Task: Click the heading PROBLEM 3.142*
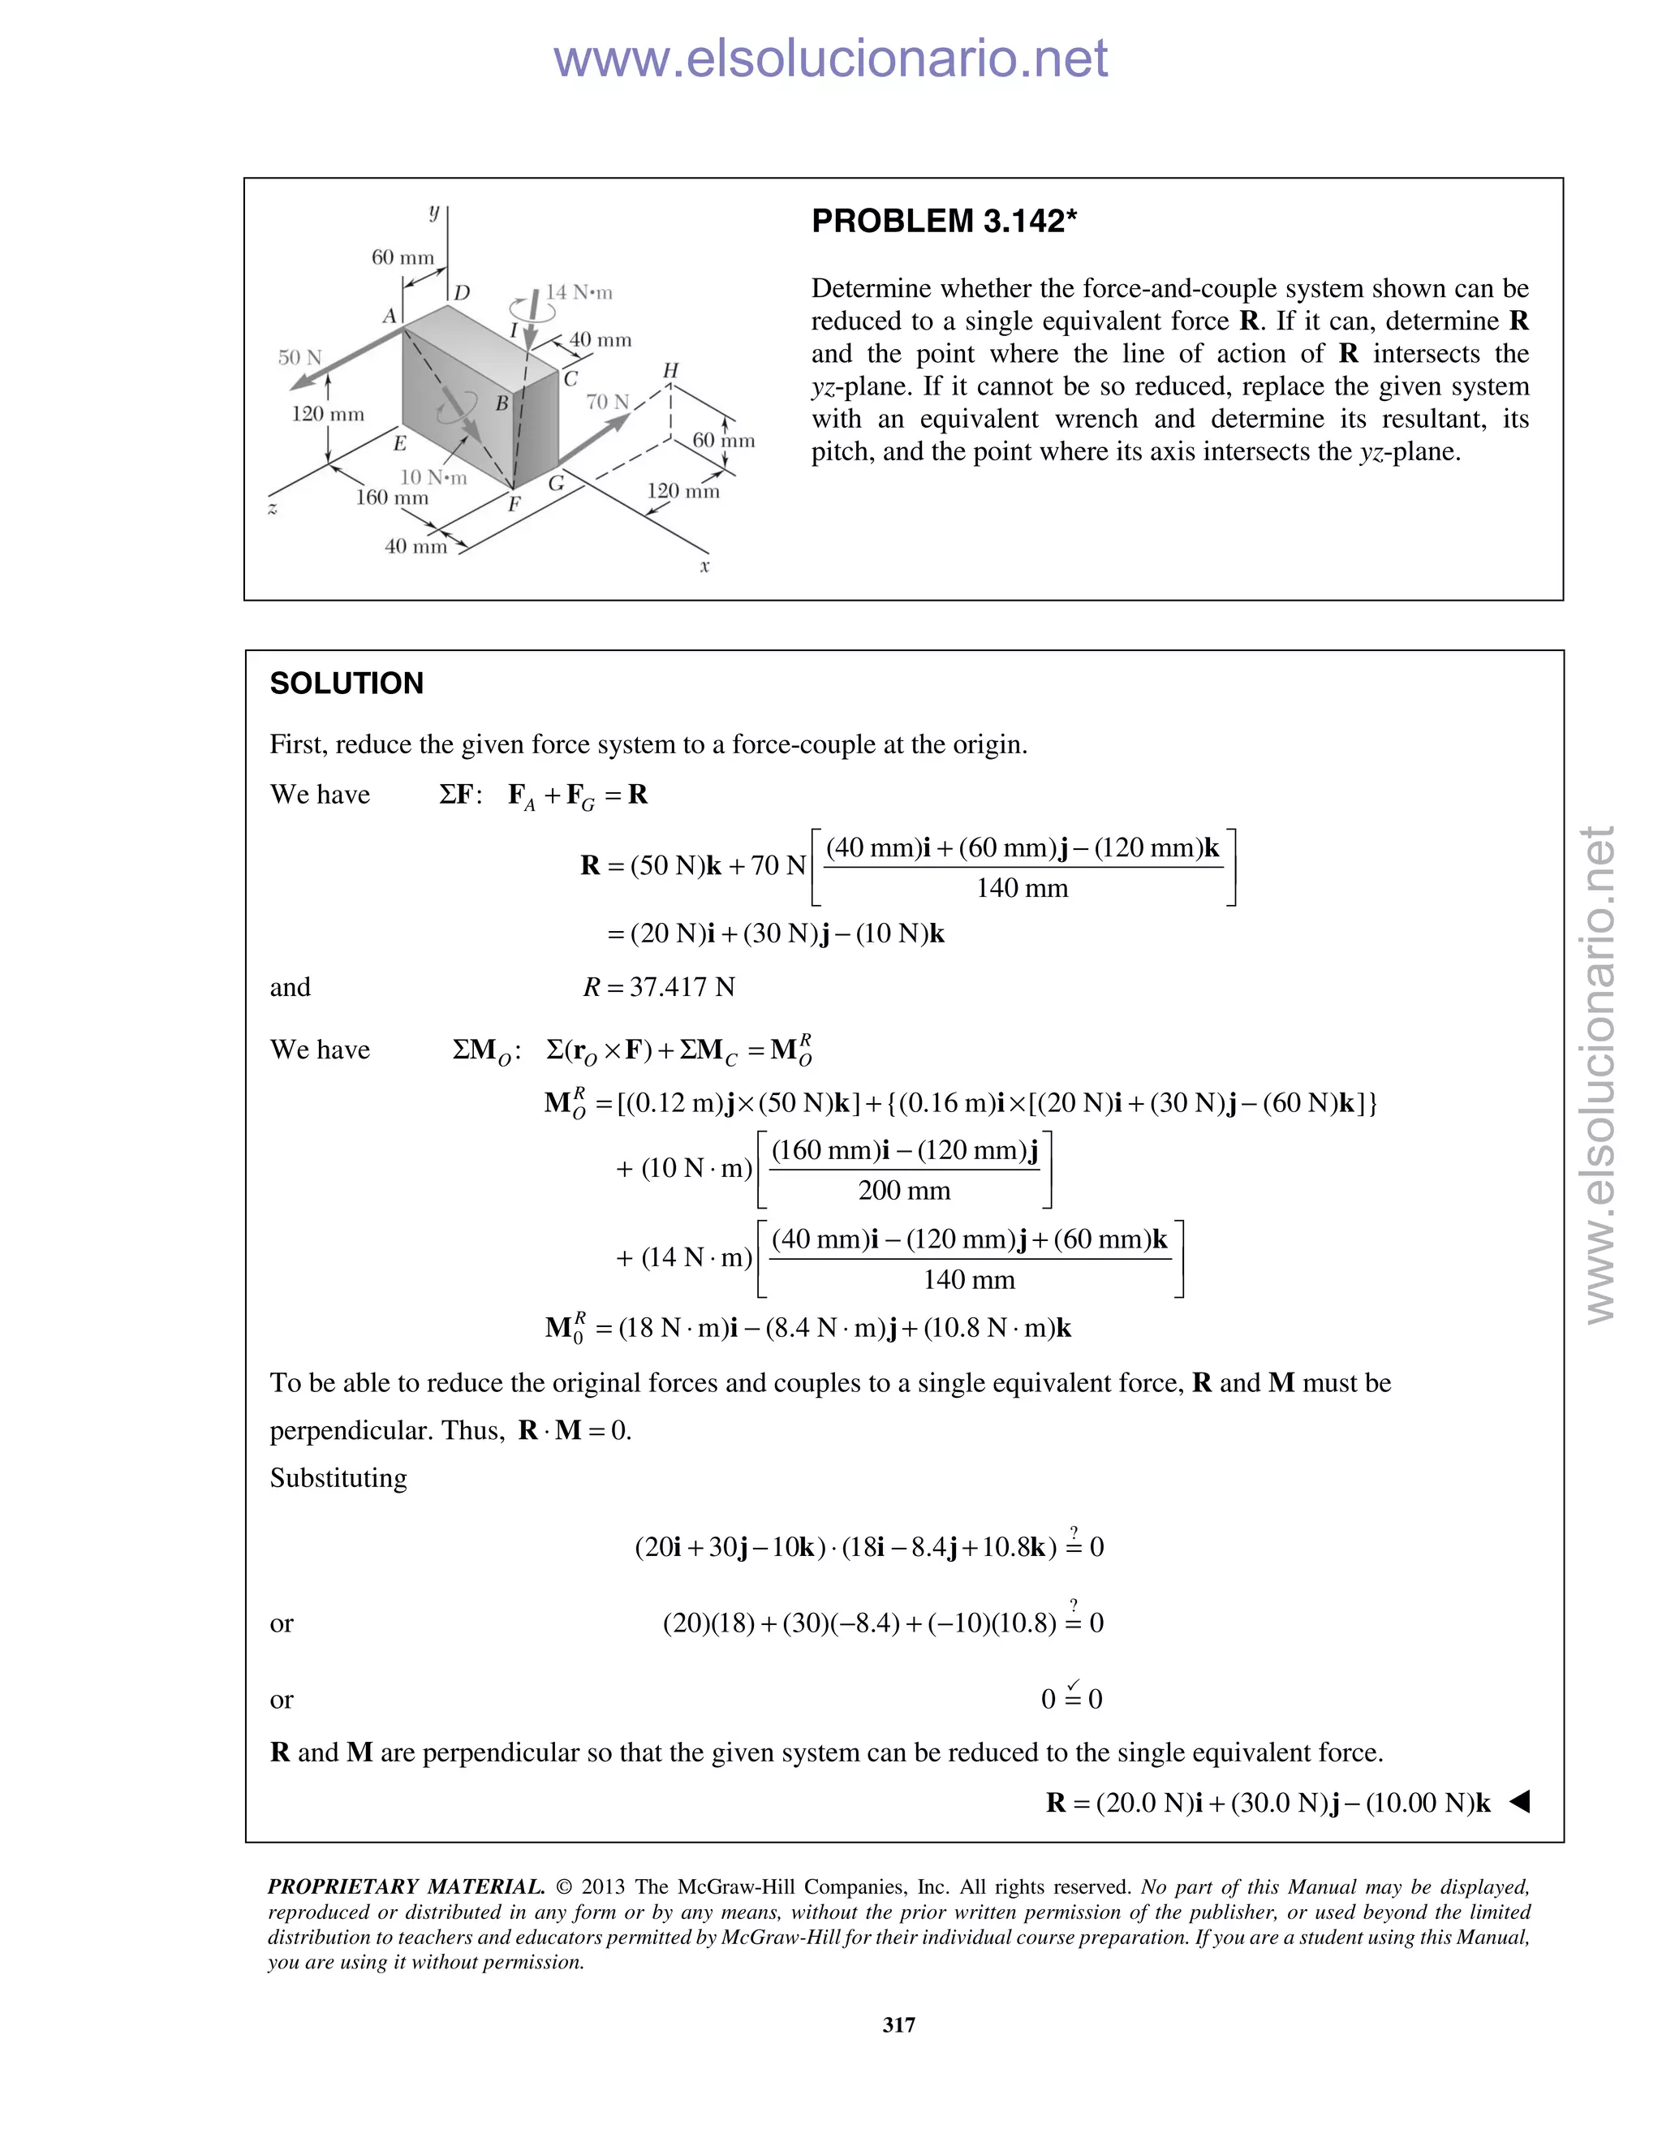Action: click(x=943, y=222)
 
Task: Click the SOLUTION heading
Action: click(x=347, y=683)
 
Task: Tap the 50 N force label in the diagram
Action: click(x=299, y=357)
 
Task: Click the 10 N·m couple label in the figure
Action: click(x=433, y=477)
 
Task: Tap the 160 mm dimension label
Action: click(x=392, y=498)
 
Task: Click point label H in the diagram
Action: click(x=670, y=370)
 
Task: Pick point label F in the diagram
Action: click(x=513, y=505)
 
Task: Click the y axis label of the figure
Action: click(x=433, y=211)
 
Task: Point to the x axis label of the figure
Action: click(x=705, y=567)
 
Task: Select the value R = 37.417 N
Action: click(x=659, y=987)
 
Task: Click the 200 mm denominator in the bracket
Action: click(x=904, y=1191)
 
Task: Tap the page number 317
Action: click(x=899, y=2025)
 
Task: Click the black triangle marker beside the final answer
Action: click(x=1519, y=1802)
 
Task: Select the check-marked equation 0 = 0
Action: click(x=1071, y=1698)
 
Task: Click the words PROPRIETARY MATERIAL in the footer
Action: click(x=406, y=1887)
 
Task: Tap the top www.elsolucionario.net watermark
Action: click(x=830, y=58)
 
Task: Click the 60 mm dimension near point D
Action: click(x=402, y=257)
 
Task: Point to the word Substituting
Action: click(x=338, y=1478)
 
